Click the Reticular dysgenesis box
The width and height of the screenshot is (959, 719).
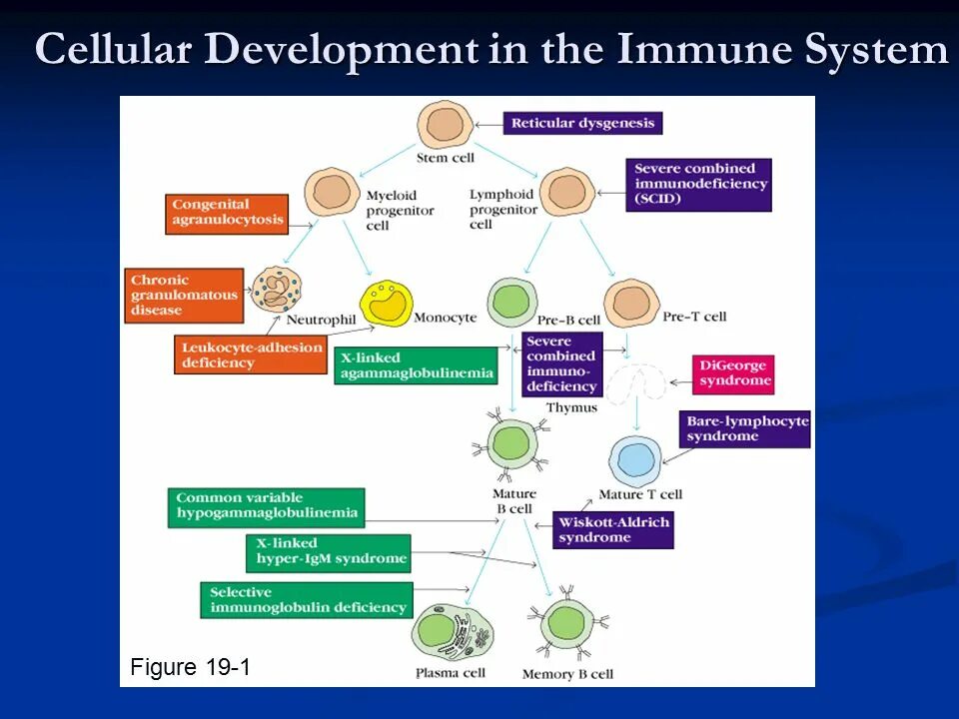(x=582, y=123)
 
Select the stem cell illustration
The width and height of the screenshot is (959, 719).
(x=444, y=124)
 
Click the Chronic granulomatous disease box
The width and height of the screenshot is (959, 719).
(x=185, y=295)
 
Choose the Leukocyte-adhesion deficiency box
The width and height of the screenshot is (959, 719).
(x=252, y=355)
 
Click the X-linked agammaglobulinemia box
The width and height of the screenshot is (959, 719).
(x=416, y=365)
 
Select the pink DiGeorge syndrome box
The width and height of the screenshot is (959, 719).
(x=734, y=373)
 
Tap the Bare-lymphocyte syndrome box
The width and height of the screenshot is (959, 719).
(x=745, y=428)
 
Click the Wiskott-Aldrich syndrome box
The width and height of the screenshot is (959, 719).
(x=613, y=530)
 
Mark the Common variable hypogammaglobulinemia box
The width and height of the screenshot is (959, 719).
(x=267, y=507)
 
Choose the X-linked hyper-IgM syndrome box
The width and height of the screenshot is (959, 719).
(x=329, y=552)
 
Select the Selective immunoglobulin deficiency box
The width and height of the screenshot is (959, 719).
(x=307, y=600)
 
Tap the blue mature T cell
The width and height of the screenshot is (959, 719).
(x=635, y=460)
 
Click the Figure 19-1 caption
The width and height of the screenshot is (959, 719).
(x=190, y=667)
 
